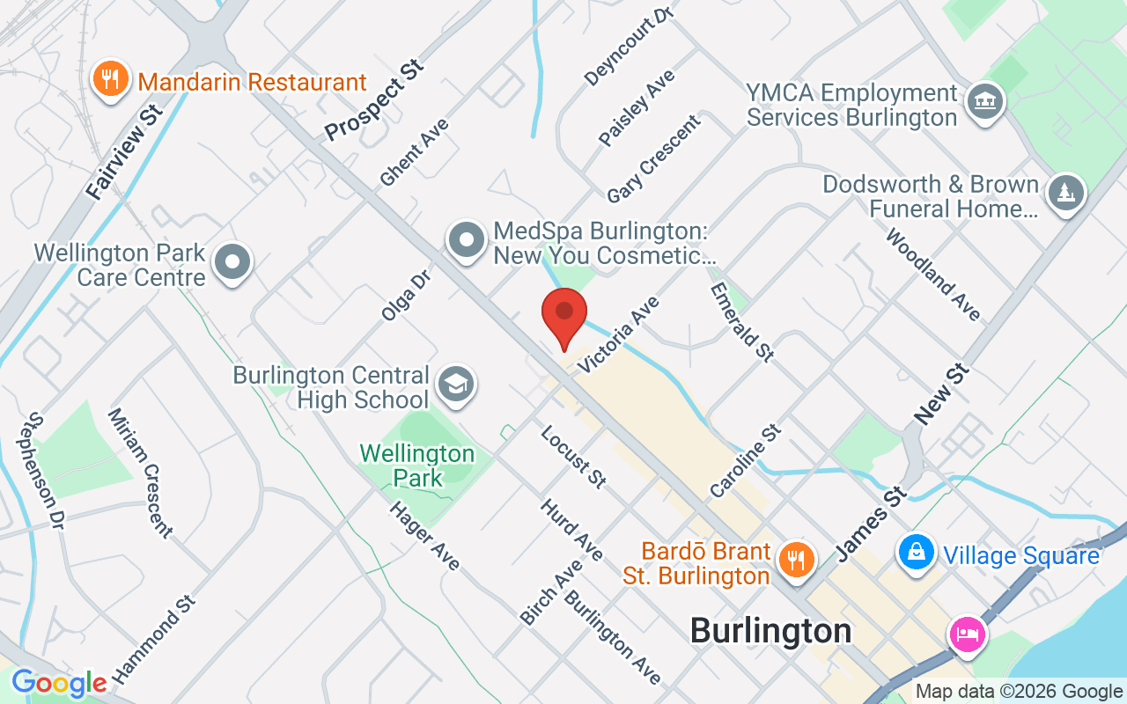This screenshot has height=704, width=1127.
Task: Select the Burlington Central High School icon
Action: pos(456,384)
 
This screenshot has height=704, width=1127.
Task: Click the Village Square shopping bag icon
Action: pos(917,553)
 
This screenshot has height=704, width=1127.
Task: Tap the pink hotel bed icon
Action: pos(967,634)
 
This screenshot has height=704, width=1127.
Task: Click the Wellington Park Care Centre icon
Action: pos(233,261)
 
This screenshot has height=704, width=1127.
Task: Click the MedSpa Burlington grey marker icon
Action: pos(466,239)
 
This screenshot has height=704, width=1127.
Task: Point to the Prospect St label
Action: pos(374,100)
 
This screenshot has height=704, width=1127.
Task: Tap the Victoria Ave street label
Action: pos(618,335)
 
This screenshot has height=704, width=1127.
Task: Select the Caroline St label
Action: pos(746,461)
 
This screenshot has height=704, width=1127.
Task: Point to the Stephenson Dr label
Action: pos(47,471)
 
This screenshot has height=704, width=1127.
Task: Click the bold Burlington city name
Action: pos(770,631)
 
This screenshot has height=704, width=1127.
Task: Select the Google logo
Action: pos(59,683)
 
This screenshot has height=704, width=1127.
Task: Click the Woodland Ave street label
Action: pos(933,275)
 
